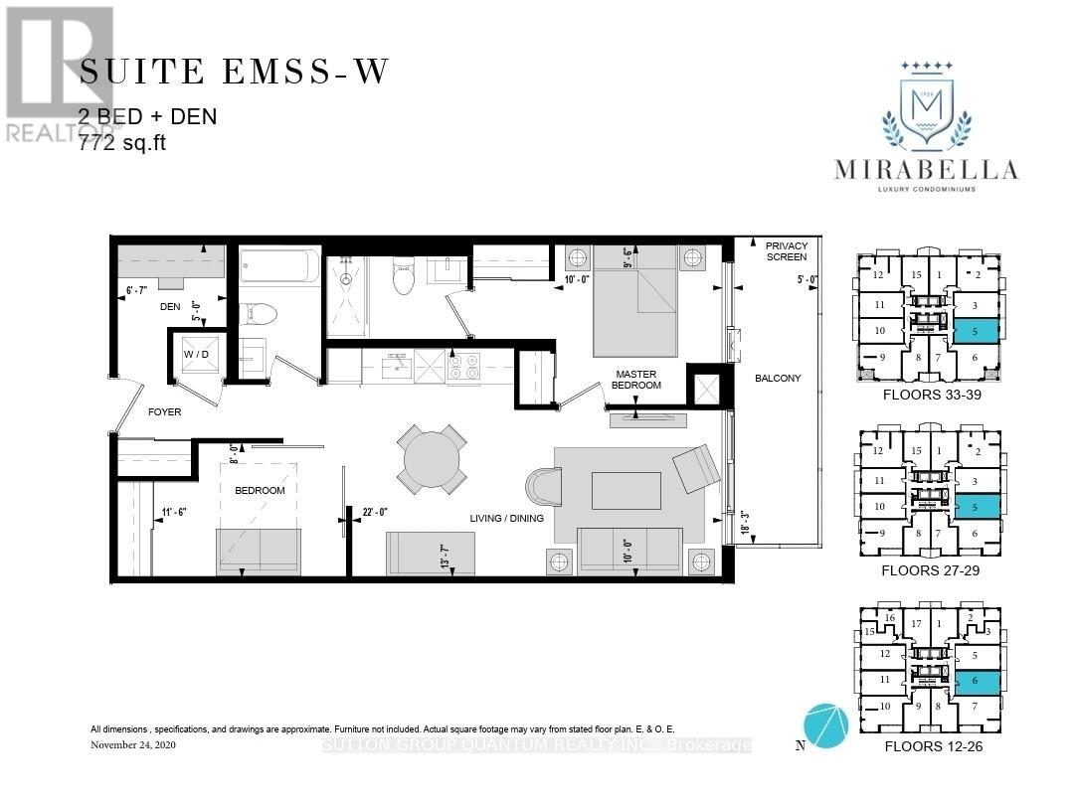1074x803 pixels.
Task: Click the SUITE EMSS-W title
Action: (235, 73)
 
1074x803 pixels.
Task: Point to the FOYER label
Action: (165, 411)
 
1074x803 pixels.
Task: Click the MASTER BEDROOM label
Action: (637, 379)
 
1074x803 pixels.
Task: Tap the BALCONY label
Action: (777, 378)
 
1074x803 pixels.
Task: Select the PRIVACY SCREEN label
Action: (787, 251)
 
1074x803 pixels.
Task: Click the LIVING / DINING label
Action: (506, 519)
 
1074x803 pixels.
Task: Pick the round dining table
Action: (432, 459)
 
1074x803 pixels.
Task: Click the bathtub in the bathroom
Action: (279, 267)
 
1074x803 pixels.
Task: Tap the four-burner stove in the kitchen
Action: (463, 367)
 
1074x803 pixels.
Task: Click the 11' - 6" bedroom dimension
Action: (174, 513)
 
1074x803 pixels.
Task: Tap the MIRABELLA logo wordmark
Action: (927, 170)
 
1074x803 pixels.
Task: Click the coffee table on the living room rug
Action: (626, 491)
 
